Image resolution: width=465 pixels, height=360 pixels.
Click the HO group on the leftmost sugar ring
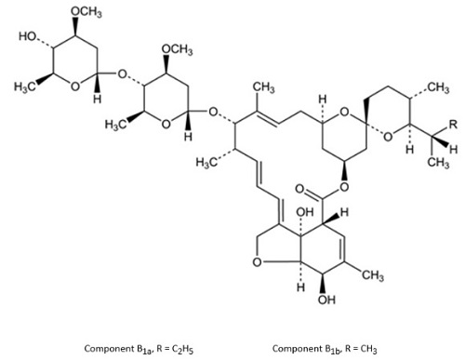[27, 36]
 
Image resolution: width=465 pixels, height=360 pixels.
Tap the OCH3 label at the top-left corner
[86, 12]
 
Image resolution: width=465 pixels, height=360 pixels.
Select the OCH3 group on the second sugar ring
[177, 49]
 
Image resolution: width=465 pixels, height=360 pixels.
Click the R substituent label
[453, 125]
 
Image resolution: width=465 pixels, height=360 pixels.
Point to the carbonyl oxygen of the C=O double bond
[299, 189]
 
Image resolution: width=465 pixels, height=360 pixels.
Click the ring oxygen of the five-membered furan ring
[257, 262]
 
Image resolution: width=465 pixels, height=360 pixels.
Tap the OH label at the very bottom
[326, 300]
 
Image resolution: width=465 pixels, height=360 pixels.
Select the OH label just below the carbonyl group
[305, 212]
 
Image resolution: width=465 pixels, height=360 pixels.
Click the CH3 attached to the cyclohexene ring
[373, 275]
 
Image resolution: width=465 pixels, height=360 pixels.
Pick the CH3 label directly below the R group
[438, 162]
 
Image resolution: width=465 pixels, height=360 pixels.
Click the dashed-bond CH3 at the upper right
[438, 87]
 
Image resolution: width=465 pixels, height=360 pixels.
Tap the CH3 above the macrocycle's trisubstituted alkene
[264, 87]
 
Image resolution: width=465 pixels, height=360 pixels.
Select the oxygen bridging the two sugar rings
[123, 74]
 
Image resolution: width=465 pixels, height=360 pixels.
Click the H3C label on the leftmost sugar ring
[24, 87]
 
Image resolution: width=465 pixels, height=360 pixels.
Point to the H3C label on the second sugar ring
[115, 125]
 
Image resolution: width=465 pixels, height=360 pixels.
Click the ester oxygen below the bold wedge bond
[344, 187]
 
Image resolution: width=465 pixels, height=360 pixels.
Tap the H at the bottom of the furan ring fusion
[300, 287]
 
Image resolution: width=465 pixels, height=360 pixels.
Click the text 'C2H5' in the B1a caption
[182, 349]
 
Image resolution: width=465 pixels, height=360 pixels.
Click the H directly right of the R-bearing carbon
[453, 150]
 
